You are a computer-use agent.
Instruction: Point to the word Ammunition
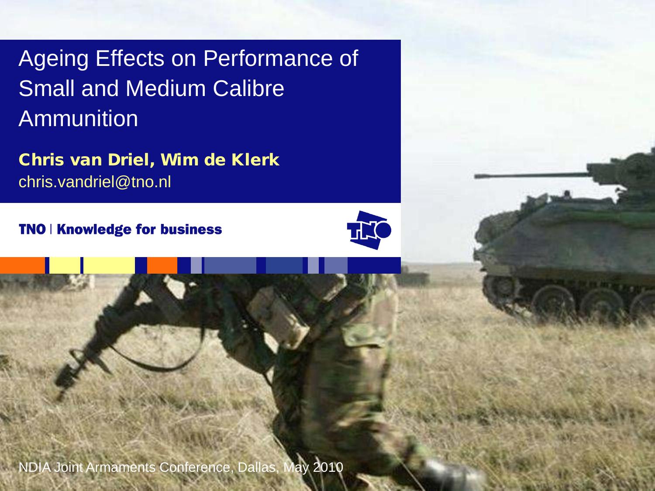(x=78, y=118)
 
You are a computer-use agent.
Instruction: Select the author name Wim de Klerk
(x=220, y=160)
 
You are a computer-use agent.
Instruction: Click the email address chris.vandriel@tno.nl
(x=94, y=182)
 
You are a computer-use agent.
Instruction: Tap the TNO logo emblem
(x=369, y=230)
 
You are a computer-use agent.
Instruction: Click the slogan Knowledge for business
(x=139, y=229)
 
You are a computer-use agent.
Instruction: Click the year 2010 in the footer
(x=327, y=467)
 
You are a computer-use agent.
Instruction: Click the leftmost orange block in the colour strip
(x=22, y=265)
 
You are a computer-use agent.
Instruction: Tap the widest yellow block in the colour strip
(x=109, y=265)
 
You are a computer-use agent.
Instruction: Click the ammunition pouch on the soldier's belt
(x=279, y=314)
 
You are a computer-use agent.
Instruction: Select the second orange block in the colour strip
(x=162, y=265)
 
